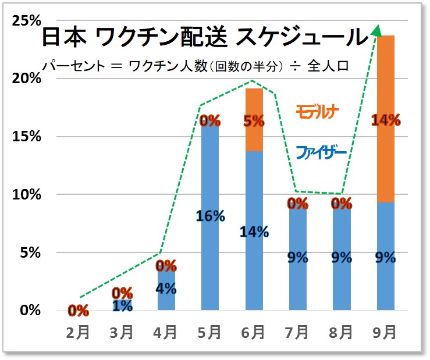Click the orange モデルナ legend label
coord(317,109)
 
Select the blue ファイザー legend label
coord(321,153)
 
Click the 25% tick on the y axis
coord(27,21)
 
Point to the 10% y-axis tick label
coord(27,194)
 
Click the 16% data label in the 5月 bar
coord(210,216)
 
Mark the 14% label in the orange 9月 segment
coord(386,120)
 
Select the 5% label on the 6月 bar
coord(254,121)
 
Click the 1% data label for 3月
coord(122,305)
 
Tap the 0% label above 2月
coord(78,310)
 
